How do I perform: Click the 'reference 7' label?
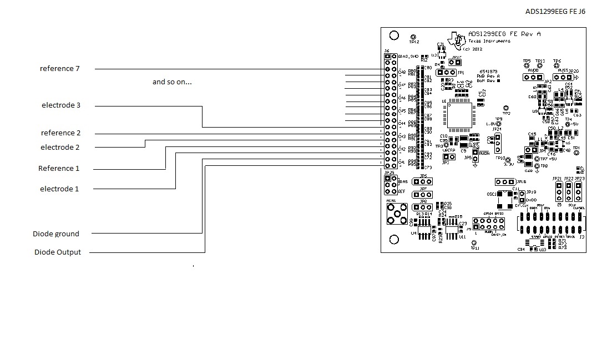coord(60,69)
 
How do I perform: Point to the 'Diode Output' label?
coord(58,252)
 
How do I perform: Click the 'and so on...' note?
coord(172,82)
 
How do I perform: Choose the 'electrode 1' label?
coord(59,189)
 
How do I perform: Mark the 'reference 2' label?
coord(61,133)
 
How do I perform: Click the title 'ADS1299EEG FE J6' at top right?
coord(555,12)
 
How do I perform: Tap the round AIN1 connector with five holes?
coord(397,214)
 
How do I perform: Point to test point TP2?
coord(505,108)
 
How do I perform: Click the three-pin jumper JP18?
coord(505,182)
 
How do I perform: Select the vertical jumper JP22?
coord(569,191)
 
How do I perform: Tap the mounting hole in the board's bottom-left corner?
coord(394,240)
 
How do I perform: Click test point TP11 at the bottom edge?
coord(473,243)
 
